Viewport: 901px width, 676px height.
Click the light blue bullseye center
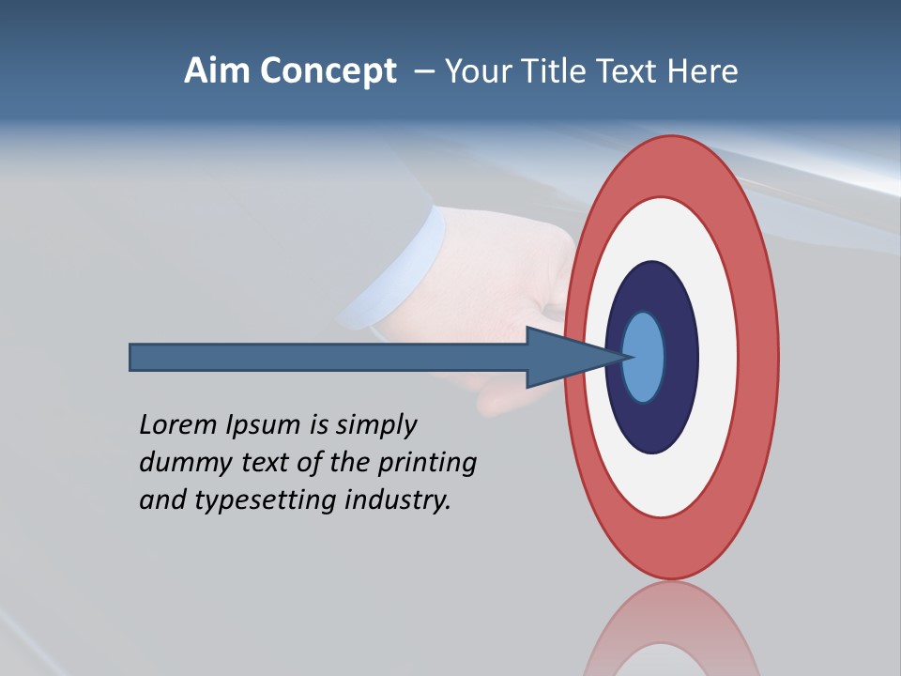click(645, 357)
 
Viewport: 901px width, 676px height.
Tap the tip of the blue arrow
click(626, 357)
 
